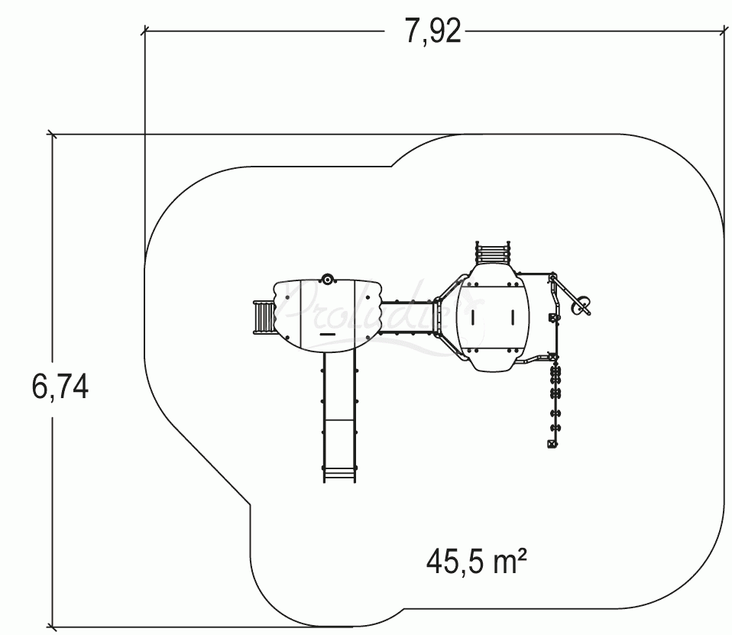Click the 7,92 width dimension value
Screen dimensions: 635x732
click(x=432, y=32)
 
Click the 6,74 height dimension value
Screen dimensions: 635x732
click(x=60, y=387)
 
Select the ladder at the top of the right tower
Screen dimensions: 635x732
click(x=493, y=251)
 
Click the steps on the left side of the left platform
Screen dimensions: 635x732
click(x=263, y=317)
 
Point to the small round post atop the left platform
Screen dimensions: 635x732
click(x=328, y=280)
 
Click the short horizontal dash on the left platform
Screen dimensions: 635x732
click(x=328, y=334)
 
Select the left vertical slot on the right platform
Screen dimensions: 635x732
click(x=473, y=316)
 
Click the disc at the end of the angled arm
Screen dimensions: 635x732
click(x=582, y=306)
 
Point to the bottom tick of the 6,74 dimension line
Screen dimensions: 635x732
click(x=52, y=627)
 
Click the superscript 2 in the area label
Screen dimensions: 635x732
click(x=521, y=557)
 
